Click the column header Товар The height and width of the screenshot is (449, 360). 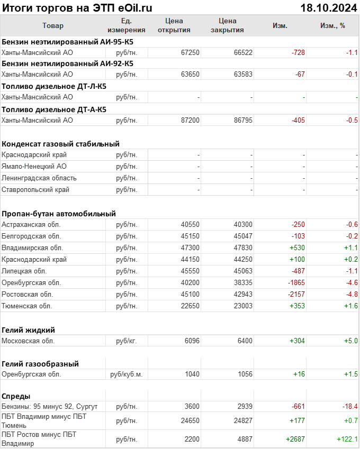point(53,26)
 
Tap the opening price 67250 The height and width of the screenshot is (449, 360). point(190,52)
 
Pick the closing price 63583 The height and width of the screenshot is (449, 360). point(243,75)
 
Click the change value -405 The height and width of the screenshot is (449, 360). point(298,121)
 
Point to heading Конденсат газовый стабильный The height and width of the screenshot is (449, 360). point(60,144)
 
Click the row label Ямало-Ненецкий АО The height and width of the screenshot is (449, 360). point(34,167)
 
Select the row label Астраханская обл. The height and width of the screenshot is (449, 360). point(31,225)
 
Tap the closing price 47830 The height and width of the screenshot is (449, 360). point(243,248)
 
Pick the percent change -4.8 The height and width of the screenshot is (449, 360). point(352,294)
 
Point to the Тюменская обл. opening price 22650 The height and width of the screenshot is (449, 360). point(190,306)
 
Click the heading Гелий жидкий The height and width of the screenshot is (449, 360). point(29,329)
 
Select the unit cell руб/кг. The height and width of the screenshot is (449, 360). point(127,341)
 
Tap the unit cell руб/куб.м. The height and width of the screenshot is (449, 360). point(127,374)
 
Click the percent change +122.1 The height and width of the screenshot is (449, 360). point(347,439)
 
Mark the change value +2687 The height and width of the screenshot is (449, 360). point(295,439)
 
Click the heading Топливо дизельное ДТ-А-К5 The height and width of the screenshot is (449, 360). point(54,109)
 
